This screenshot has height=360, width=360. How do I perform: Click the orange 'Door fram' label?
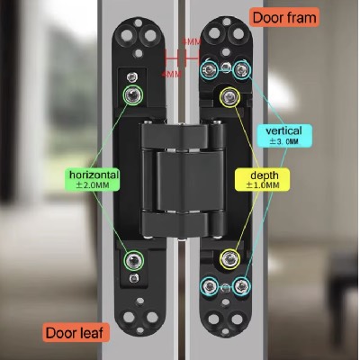pyautogui.click(x=284, y=18)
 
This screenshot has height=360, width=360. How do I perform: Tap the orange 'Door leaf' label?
pyautogui.click(x=76, y=332)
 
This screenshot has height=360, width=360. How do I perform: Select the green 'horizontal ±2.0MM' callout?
pyautogui.click(x=93, y=179)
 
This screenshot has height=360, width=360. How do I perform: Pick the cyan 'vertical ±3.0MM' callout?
pyautogui.click(x=284, y=135)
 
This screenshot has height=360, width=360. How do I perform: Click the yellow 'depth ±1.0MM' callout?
pyautogui.click(x=263, y=179)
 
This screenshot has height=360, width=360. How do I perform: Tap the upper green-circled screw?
pyautogui.click(x=133, y=94)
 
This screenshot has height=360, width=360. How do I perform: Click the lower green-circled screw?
pyautogui.click(x=134, y=260)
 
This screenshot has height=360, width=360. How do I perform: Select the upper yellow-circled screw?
pyautogui.click(x=229, y=97)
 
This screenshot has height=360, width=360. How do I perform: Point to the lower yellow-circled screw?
pyautogui.click(x=229, y=259)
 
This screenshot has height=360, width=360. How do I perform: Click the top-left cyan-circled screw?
pyautogui.click(x=209, y=70)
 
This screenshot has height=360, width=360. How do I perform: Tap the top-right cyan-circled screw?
pyautogui.click(x=241, y=69)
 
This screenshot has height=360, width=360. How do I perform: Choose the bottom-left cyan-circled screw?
pyautogui.click(x=210, y=286)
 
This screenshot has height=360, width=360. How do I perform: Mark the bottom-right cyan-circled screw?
pyautogui.click(x=241, y=286)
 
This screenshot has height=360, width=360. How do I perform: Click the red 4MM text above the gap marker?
pyautogui.click(x=192, y=42)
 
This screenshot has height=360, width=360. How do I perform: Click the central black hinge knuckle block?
pyautogui.click(x=182, y=181)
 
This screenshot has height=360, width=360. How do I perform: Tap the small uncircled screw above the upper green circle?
pyautogui.click(x=132, y=77)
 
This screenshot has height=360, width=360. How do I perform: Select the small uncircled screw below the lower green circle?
pyautogui.click(x=134, y=278)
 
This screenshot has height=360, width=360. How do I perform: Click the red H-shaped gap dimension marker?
pyautogui.click(x=182, y=58)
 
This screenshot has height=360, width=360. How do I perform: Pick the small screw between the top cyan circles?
pyautogui.click(x=225, y=67)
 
